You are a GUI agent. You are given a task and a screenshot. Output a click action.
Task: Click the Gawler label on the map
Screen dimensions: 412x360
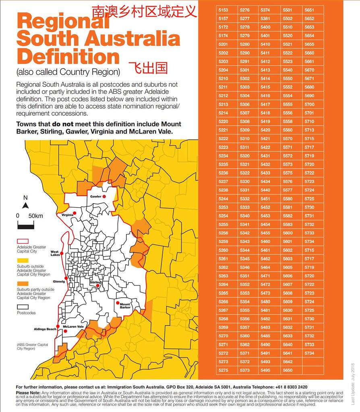tap(95, 196)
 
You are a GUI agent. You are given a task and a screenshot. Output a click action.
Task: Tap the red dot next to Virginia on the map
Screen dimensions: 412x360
tap(76, 215)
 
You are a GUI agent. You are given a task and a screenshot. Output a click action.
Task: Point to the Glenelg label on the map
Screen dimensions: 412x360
tap(58, 282)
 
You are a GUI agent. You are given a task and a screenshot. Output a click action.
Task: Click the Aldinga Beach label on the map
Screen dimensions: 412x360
tap(45, 329)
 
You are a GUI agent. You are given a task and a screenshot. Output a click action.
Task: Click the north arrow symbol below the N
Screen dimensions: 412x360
tap(25, 206)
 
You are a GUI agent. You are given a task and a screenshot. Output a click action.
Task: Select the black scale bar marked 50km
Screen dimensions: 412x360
tap(25, 225)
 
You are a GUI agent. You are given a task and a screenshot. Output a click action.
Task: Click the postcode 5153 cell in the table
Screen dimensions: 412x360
tap(223, 10)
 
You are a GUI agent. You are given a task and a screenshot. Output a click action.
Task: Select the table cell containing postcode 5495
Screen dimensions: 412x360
tap(265, 370)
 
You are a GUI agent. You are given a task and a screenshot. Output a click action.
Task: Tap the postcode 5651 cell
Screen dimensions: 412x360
tap(309, 10)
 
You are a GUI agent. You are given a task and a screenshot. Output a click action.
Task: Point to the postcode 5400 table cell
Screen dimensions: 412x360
tap(265, 27)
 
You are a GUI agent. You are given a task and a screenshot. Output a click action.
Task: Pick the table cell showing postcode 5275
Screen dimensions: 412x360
tap(223, 370)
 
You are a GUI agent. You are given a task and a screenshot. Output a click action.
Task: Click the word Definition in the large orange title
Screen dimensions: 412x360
tap(68, 56)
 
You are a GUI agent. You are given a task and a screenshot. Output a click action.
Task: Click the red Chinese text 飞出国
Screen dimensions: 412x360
tap(148, 68)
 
